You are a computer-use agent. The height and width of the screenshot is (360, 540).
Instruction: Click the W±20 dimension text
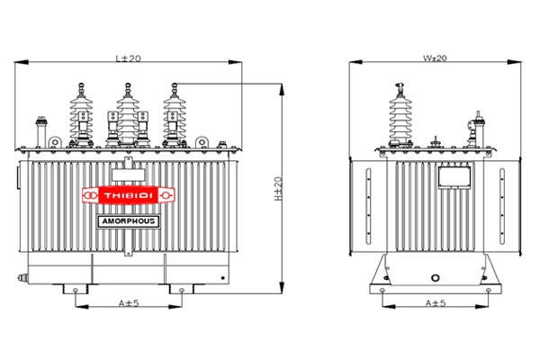(435, 58)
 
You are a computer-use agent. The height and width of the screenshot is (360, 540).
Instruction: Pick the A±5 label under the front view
(129, 303)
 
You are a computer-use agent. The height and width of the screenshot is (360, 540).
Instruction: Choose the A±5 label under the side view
(435, 303)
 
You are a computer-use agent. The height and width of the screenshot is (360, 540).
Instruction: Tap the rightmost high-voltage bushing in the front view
(171, 112)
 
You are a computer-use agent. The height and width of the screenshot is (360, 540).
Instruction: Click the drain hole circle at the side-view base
(436, 280)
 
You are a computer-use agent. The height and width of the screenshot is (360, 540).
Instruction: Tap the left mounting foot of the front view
(74, 290)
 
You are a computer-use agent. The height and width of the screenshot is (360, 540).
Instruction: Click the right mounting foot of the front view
(181, 290)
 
